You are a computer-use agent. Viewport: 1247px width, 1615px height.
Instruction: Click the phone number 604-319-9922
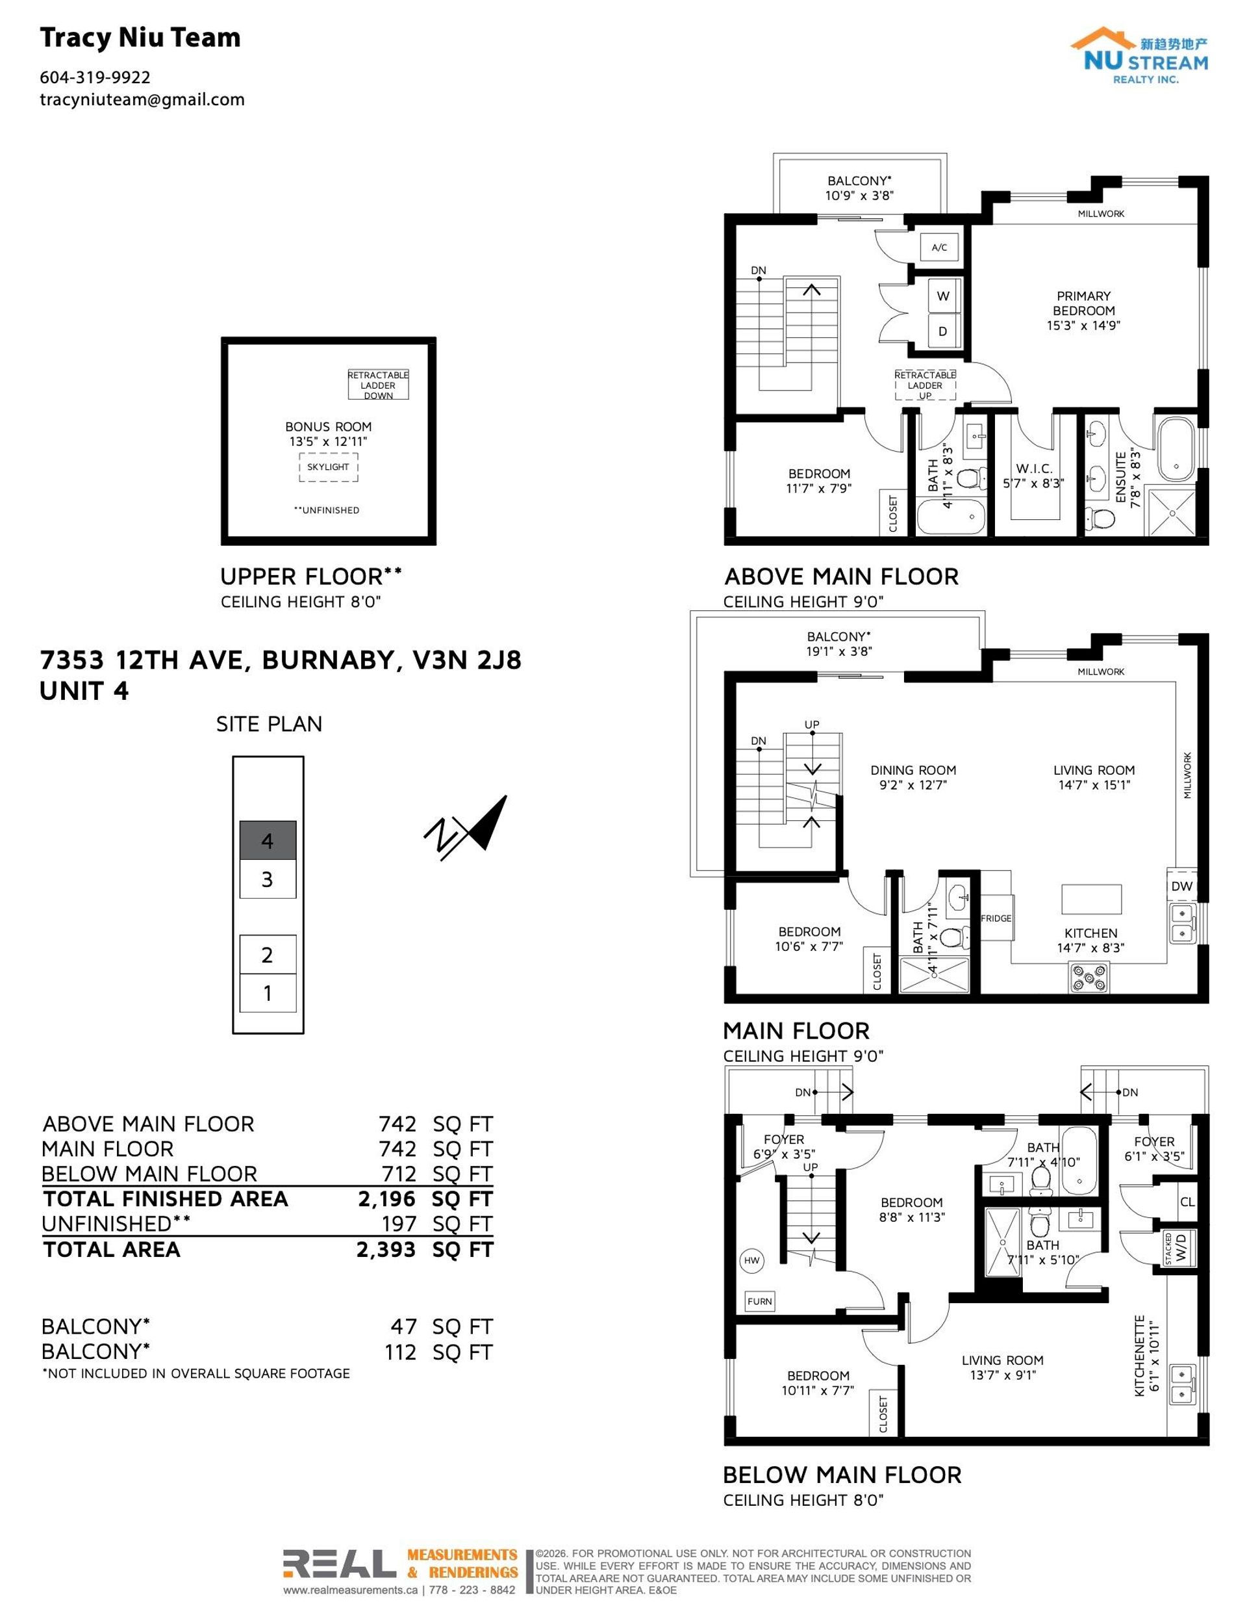point(95,77)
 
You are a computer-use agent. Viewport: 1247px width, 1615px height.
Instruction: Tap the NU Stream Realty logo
point(1139,55)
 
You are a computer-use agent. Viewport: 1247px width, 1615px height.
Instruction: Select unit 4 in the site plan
point(268,840)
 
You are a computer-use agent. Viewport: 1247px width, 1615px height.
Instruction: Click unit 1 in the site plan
point(268,993)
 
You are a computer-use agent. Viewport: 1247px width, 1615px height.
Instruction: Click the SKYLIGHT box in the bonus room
point(328,467)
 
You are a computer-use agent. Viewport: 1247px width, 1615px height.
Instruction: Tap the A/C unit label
point(940,248)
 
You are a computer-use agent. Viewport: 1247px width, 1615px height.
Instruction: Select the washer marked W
point(944,296)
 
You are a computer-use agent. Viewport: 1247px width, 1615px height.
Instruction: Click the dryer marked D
point(944,331)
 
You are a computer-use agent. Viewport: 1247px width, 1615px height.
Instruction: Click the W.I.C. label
point(1033,469)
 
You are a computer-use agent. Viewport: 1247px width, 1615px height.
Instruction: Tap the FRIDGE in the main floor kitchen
point(996,918)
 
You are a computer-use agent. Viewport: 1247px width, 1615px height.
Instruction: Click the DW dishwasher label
point(1181,886)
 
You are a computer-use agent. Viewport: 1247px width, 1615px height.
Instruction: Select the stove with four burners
point(1089,977)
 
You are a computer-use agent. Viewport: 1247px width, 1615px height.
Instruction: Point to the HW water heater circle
point(751,1261)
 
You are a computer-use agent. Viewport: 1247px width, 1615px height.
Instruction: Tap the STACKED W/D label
point(1178,1250)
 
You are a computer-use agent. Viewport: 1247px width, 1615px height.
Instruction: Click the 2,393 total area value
point(386,1250)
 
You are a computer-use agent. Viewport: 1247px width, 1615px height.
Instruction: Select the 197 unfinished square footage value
point(399,1224)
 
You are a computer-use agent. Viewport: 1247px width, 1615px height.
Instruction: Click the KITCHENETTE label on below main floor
point(1140,1356)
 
